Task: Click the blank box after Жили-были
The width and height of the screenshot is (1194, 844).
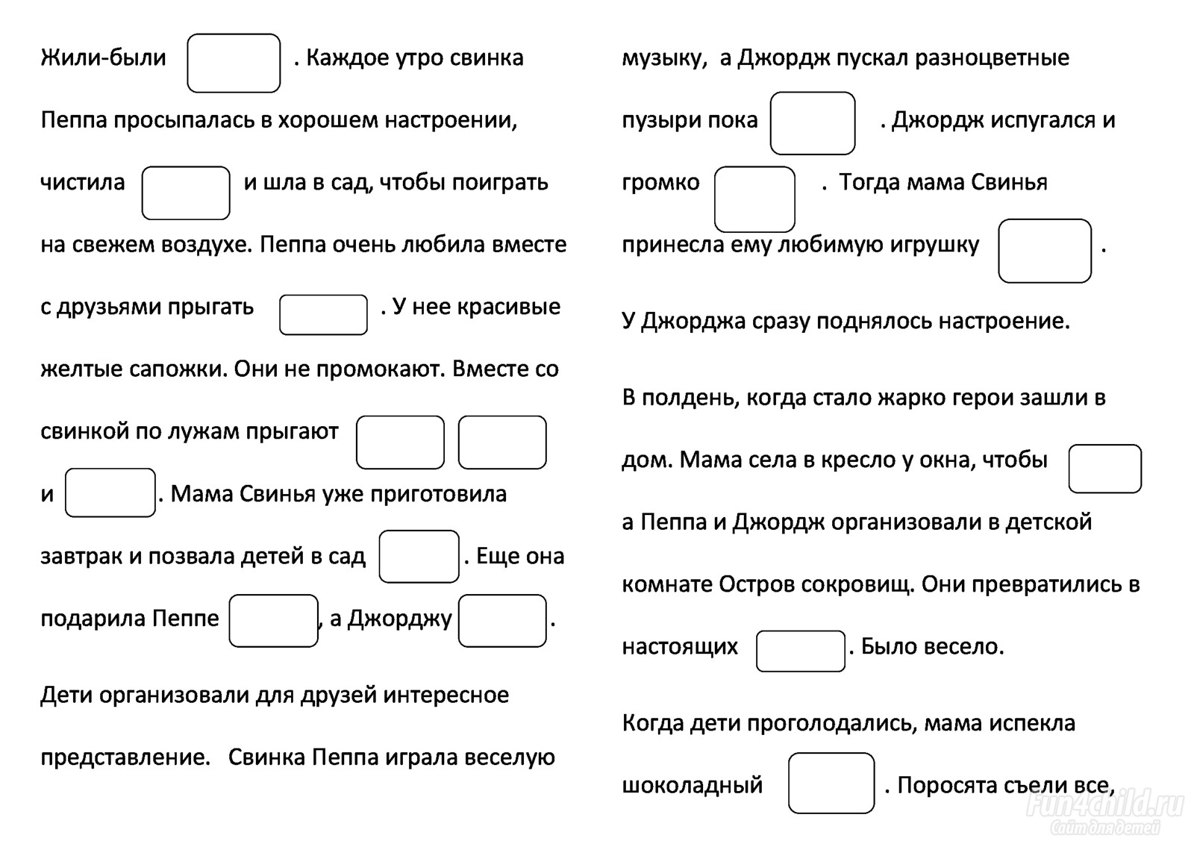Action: point(234,63)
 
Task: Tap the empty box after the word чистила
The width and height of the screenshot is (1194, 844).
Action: point(186,193)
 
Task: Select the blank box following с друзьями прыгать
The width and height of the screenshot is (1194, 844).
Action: point(323,315)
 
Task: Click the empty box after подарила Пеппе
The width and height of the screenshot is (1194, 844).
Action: point(273,621)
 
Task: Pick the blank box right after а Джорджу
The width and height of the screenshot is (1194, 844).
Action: point(502,621)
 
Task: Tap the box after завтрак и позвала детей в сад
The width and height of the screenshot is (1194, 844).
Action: point(419,556)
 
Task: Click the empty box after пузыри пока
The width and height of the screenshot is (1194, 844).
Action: point(813,123)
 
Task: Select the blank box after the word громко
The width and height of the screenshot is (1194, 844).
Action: point(754,199)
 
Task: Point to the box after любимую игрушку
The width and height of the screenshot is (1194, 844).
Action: point(1044,251)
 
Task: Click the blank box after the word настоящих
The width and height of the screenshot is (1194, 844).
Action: point(800,651)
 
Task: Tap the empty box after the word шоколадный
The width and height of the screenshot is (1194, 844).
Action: point(831,783)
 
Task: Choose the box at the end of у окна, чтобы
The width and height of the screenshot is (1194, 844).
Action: point(1104,469)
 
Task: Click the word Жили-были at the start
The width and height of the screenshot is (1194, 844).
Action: point(104,58)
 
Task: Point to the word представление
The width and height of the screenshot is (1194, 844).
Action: point(126,757)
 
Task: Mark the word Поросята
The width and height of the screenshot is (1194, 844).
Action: point(947,785)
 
